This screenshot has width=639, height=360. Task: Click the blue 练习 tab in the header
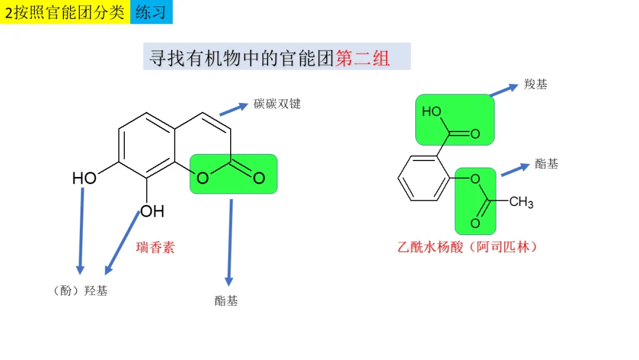coord(151,12)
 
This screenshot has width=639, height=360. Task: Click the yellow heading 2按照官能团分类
coord(64,12)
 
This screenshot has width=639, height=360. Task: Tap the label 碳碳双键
coord(277,104)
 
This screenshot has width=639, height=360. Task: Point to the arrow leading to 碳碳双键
coord(233,109)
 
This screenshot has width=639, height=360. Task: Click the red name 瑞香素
coord(156,247)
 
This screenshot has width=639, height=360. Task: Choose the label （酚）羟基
coord(80,291)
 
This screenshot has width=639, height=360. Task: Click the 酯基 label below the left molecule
coord(226,301)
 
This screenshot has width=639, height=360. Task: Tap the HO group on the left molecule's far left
coord(84,178)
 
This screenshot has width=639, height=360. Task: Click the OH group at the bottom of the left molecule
coord(152,211)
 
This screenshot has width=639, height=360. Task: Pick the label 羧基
coord(535,84)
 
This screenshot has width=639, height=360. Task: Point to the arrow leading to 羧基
coord(504,89)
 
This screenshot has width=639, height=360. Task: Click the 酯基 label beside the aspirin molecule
coord(546,164)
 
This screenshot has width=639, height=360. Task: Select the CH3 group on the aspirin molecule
coord(521,202)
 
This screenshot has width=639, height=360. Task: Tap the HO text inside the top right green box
coord(432,112)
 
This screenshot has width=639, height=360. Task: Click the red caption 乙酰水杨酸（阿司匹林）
coord(467,247)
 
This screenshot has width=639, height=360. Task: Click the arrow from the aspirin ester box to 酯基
coord(515,169)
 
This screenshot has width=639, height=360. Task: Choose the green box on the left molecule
coord(233,174)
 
